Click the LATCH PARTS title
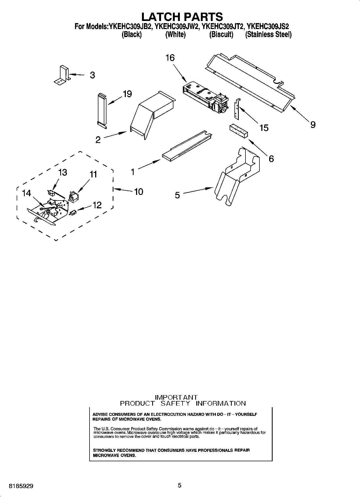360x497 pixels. (x=182, y=17)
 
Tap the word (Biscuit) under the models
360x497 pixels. (x=221, y=34)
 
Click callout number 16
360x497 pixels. (x=170, y=58)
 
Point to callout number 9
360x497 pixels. (x=312, y=124)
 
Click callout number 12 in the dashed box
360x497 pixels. (x=97, y=205)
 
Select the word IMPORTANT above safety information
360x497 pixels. (x=177, y=397)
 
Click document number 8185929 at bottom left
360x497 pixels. (x=21, y=486)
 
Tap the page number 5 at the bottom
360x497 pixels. (x=180, y=485)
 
